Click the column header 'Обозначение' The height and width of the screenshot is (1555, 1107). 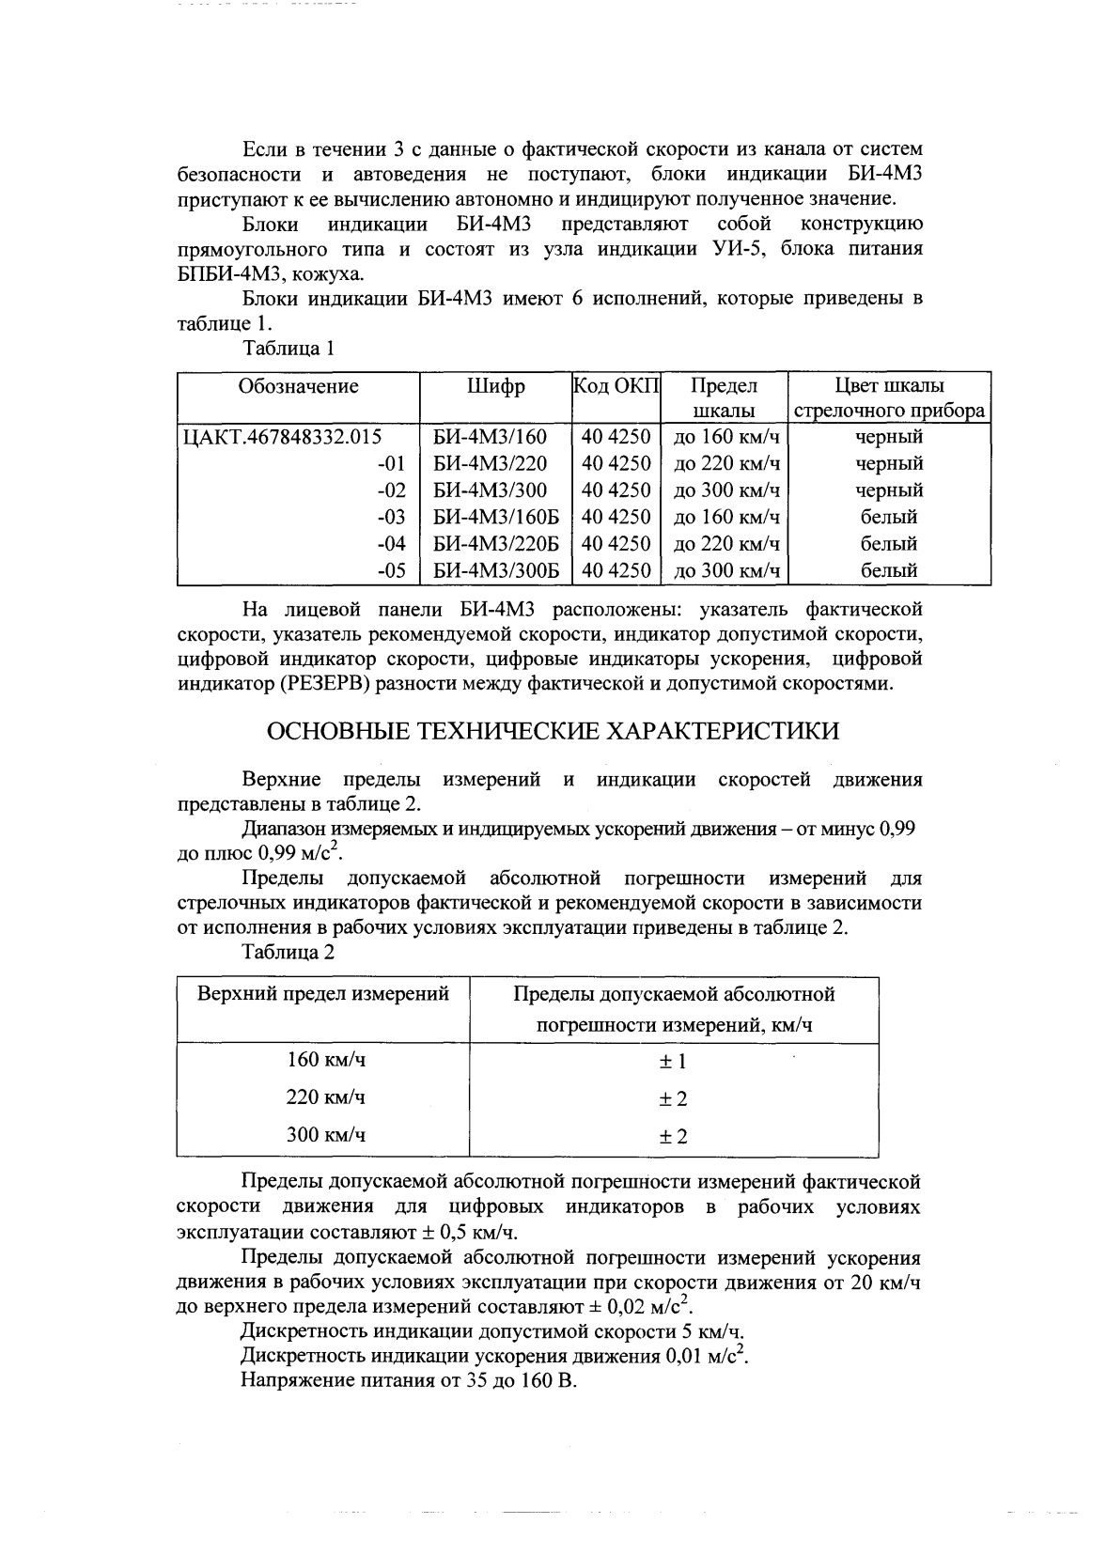tap(298, 386)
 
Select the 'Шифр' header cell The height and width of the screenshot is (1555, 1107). tap(494, 386)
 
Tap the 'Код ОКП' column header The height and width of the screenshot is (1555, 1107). tap(616, 386)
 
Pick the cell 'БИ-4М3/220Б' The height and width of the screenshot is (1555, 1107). tap(495, 543)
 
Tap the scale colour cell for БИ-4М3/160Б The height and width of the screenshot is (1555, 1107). tap(888, 517)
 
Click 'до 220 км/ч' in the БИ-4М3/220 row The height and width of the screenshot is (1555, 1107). tap(726, 463)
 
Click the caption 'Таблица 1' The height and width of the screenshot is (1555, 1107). tap(288, 349)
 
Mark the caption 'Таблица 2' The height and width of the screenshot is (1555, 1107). tap(288, 952)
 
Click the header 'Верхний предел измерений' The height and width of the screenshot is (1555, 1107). tap(322, 994)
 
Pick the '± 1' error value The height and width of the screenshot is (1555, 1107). tap(673, 1062)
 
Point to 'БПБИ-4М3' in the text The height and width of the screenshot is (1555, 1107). tap(224, 274)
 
